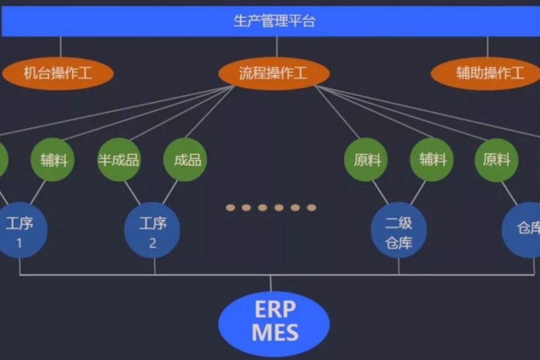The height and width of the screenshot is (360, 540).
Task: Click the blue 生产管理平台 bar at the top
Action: [270, 21]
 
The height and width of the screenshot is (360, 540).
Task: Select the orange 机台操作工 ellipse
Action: [58, 73]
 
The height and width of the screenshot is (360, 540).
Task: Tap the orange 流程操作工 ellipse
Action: [274, 73]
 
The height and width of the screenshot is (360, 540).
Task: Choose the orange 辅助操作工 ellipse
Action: [486, 73]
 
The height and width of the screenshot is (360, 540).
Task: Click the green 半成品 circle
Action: [118, 159]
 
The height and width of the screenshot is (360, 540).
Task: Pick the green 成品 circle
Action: [185, 159]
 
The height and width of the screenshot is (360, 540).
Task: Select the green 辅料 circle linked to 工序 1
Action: [52, 159]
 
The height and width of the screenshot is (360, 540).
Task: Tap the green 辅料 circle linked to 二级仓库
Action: [432, 159]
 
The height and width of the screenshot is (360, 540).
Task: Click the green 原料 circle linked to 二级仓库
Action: [366, 159]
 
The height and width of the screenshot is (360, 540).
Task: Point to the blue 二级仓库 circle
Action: [399, 231]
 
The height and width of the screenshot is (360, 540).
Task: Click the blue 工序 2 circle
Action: [152, 231]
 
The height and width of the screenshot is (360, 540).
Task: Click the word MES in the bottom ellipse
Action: [275, 332]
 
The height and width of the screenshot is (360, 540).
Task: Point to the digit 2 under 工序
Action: [152, 243]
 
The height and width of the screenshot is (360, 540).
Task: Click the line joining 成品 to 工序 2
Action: [171, 192]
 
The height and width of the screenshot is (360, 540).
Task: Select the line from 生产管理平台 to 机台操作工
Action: [61, 46]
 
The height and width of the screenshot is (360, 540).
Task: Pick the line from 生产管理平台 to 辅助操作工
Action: [487, 46]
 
